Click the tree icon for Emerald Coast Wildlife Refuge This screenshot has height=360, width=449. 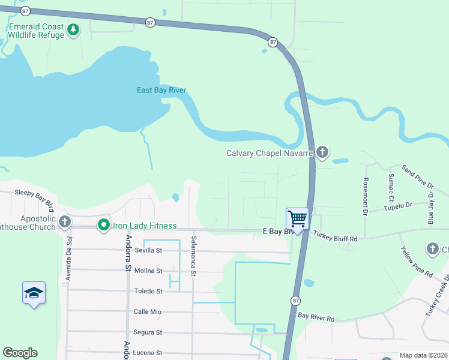73,29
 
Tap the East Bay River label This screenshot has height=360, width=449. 161,91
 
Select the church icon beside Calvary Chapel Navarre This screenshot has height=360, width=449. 322,152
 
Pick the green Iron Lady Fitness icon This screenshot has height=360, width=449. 103,226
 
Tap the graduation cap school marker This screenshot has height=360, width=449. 34,293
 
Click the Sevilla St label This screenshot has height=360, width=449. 148,250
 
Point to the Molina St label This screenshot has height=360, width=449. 148,271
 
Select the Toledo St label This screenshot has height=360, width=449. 148,291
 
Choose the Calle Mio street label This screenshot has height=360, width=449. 148,311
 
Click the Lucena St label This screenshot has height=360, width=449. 148,353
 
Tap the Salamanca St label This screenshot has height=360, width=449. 193,256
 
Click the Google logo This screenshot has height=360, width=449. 20,353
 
